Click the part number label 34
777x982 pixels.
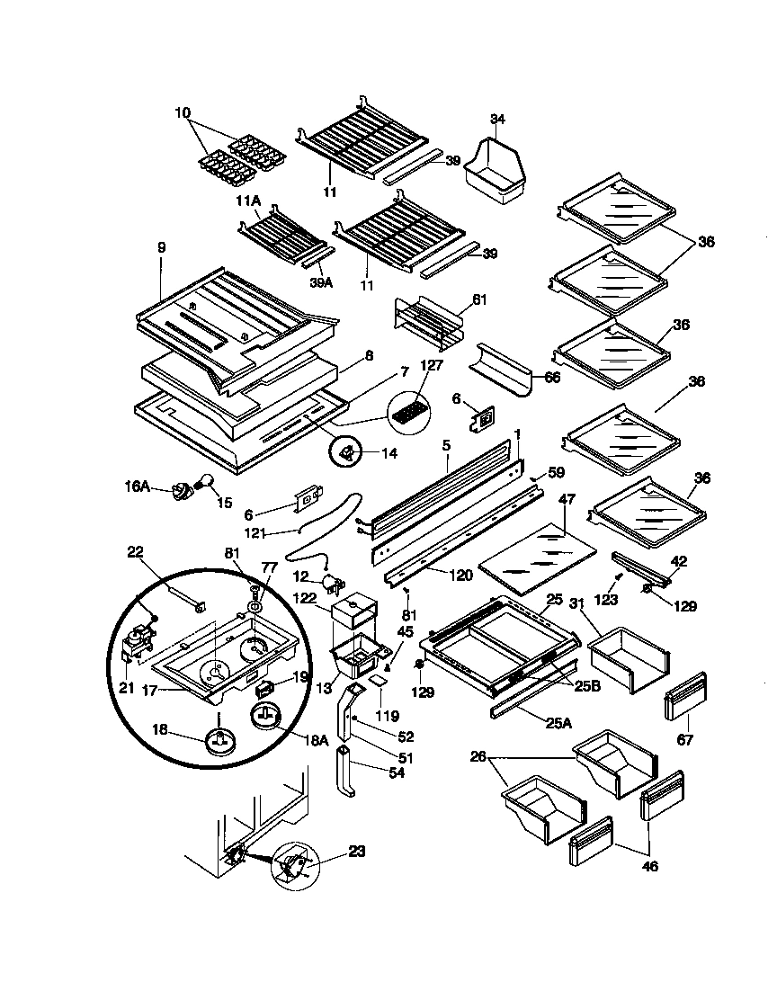(497, 119)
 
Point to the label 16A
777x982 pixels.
(138, 486)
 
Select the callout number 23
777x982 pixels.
(356, 851)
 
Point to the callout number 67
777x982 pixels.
(685, 740)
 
